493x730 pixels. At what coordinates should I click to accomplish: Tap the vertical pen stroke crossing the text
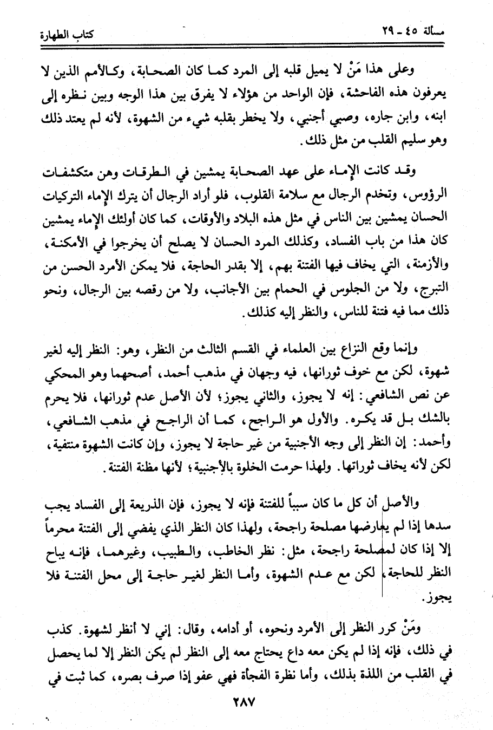[383, 542]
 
